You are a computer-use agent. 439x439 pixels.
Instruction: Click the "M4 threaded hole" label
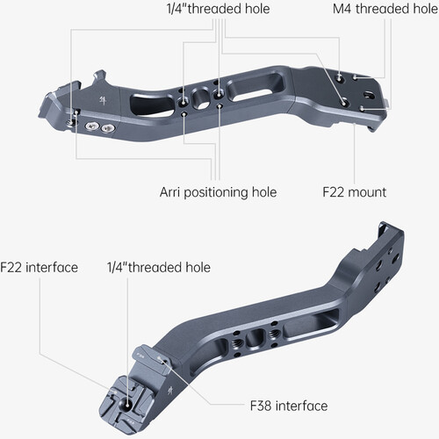point(385,9)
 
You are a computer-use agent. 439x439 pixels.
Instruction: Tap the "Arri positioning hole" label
point(218,192)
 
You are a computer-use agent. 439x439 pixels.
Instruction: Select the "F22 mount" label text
point(354,192)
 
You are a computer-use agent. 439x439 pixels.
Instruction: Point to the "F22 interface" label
point(40,268)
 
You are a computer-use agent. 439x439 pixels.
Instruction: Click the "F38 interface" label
point(289,406)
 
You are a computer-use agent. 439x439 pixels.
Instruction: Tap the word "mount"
point(367,193)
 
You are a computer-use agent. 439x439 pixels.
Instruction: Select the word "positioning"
point(216,193)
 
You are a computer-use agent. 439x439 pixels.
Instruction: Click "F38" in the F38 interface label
point(261,406)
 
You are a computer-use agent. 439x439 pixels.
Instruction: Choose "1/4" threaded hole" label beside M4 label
point(218,9)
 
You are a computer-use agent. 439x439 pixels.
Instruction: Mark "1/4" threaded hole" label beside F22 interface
point(159,268)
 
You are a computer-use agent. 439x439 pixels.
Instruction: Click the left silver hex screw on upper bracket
point(90,126)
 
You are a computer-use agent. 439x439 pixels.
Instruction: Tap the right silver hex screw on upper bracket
point(107,127)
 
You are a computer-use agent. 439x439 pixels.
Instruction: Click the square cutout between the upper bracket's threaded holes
point(201,97)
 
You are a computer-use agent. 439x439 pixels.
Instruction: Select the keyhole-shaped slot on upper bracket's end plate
point(368,96)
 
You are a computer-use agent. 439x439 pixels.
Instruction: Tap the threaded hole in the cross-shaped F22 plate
point(127,405)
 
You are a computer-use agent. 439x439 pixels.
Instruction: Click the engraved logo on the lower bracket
point(169,391)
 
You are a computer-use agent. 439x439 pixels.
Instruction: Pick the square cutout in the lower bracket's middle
point(255,337)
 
